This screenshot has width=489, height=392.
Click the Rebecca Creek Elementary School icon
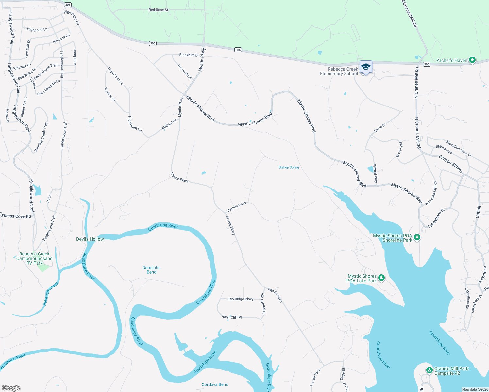(365, 67)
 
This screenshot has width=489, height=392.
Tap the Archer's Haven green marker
(472, 60)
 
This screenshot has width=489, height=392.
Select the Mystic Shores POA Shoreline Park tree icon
(417, 237)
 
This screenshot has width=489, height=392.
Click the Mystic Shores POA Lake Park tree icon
(381, 278)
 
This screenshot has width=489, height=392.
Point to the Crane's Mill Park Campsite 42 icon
(430, 370)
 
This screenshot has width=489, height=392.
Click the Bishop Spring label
(289, 167)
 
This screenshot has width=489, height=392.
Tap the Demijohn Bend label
(151, 270)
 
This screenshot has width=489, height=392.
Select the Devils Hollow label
(90, 239)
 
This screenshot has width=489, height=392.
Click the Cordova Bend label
(215, 384)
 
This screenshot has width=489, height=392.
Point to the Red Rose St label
(158, 10)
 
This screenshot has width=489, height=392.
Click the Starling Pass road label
(236, 206)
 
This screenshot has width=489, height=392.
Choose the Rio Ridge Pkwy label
(241, 299)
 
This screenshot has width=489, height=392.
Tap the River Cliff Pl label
(231, 317)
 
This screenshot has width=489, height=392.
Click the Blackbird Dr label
(189, 55)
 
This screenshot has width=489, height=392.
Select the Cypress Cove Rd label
(16, 216)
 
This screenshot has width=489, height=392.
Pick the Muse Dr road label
(380, 128)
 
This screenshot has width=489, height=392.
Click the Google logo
(11, 388)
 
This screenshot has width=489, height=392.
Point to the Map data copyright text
(475, 389)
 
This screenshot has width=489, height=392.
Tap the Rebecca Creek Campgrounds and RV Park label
(34, 258)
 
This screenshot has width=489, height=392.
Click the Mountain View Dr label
(459, 149)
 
